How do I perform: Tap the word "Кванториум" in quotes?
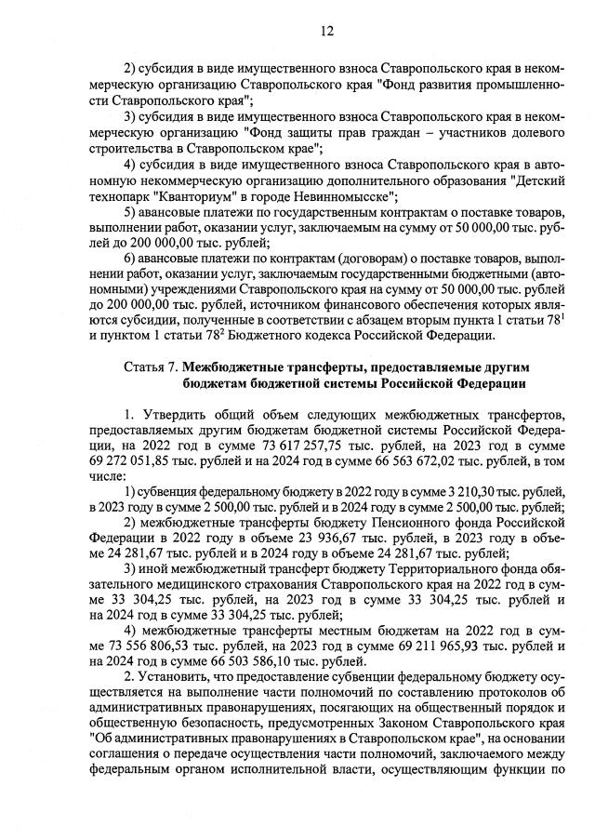(185, 196)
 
